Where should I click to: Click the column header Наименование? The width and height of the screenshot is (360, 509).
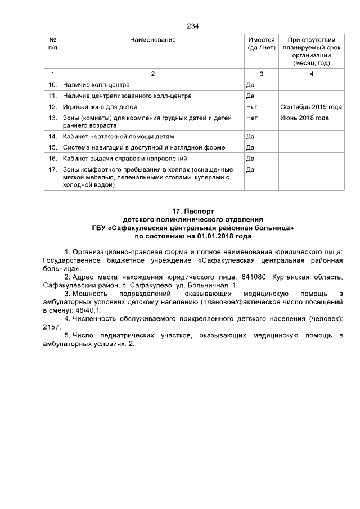152,40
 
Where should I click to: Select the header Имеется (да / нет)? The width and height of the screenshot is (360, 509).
261,44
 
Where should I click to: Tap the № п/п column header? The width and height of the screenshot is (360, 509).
52,44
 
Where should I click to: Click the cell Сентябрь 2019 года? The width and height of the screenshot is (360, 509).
310,106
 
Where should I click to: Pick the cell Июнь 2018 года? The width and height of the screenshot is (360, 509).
304,118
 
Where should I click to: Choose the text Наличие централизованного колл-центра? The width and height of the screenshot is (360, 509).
128,96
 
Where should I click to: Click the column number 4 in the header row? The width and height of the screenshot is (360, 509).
311,74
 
